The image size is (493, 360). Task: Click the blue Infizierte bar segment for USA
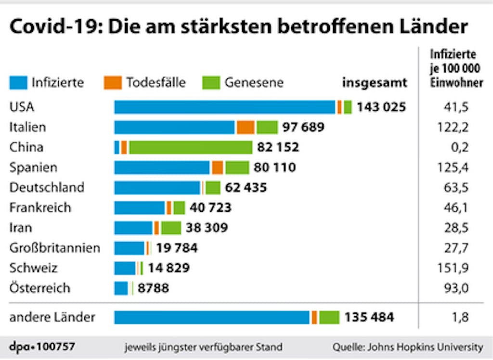point(224,107)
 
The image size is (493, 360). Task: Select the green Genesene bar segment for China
point(191,147)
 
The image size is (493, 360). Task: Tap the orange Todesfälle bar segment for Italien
point(245,127)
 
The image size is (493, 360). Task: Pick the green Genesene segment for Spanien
point(237,167)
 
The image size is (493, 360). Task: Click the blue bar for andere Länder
point(212,318)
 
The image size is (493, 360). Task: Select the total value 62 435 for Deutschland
point(246,188)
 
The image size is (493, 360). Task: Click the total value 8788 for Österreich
point(153,289)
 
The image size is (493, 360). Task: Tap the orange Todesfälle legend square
point(113,83)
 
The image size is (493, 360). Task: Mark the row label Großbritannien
point(55,248)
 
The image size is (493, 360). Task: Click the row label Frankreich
point(40,208)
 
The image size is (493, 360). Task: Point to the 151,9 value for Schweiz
point(456,268)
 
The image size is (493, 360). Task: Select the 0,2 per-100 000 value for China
point(460,147)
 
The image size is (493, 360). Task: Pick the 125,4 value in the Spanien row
point(456,167)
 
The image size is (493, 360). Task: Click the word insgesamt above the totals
point(375,83)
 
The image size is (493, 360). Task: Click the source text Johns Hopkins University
point(423,347)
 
